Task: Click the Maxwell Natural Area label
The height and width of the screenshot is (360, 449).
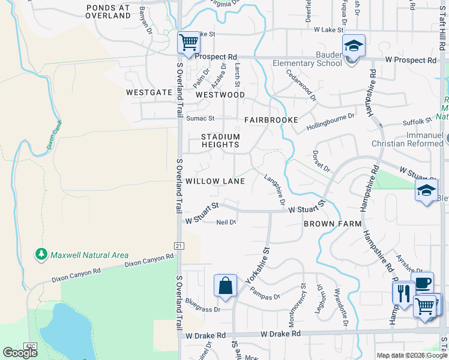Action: [89, 255]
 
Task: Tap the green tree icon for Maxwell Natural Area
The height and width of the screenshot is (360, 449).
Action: [41, 254]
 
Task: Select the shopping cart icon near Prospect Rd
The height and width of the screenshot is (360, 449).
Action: [188, 42]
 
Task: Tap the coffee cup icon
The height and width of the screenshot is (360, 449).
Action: [423, 283]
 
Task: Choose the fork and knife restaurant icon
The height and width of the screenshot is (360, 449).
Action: [403, 293]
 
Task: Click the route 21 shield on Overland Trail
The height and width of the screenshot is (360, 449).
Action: [179, 245]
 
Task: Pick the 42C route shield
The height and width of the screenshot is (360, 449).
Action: [31, 345]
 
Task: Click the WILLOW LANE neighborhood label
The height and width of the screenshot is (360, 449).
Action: [215, 181]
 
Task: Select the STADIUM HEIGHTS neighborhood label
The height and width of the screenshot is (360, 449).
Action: [220, 141]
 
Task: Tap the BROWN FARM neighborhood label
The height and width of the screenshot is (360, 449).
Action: [333, 224]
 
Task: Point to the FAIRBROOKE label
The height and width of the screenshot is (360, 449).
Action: [271, 120]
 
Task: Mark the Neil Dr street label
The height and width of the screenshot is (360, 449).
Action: [226, 222]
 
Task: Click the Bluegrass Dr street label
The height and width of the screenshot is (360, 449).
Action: [203, 304]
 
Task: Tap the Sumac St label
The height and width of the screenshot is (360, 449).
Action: [200, 119]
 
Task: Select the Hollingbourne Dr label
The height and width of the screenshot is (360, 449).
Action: [331, 121]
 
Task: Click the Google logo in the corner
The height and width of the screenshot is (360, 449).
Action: [20, 353]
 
